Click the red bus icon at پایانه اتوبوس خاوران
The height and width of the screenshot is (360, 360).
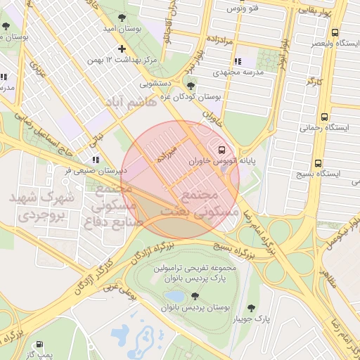(222, 150)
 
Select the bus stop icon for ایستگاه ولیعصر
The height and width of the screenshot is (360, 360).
(335, 33)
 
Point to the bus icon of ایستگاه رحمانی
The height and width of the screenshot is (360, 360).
(324, 117)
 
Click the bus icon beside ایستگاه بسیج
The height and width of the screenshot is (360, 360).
(319, 161)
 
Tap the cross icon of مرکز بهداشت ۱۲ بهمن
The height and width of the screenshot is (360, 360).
(122, 49)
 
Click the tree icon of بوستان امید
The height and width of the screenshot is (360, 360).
(123, 16)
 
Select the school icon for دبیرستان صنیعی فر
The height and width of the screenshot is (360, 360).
(96, 160)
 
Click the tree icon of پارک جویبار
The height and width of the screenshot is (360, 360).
(252, 308)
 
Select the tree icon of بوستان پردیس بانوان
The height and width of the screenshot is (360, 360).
(195, 296)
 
